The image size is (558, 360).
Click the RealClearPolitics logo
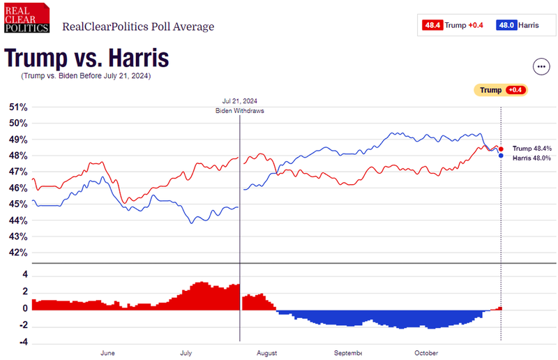27,18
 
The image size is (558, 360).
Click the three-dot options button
541,66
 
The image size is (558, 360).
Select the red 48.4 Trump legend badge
432,25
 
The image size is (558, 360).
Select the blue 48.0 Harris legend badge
506,25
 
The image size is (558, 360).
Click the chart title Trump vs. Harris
86,58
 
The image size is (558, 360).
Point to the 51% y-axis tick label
18,107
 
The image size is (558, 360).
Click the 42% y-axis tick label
18,253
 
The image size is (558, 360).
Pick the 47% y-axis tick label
18,172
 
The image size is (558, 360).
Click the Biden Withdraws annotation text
239,111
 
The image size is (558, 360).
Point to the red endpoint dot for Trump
502,149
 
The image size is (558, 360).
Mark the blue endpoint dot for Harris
502,156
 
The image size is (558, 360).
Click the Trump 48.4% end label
532,149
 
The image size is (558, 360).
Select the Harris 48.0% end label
532,158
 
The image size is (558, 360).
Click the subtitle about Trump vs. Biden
85,75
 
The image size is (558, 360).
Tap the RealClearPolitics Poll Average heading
138,27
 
